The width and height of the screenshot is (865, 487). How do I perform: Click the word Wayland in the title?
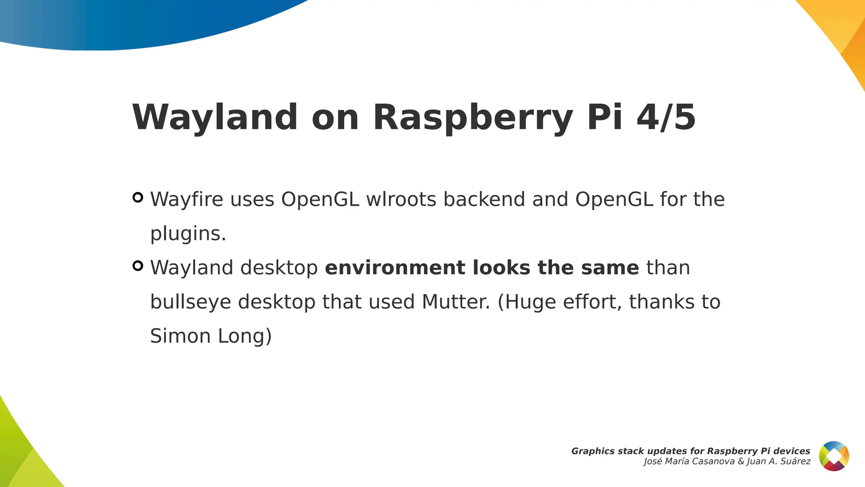pyautogui.click(x=215, y=117)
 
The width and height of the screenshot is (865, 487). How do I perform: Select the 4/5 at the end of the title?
pyautogui.click(x=666, y=117)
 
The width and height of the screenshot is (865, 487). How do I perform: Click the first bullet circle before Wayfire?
pyautogui.click(x=138, y=197)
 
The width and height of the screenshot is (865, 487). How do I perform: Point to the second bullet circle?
pyautogui.click(x=138, y=266)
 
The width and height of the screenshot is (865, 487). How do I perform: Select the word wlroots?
pyautogui.click(x=401, y=199)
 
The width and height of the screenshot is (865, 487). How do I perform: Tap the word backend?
pyautogui.click(x=484, y=199)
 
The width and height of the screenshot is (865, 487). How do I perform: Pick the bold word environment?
pyautogui.click(x=394, y=268)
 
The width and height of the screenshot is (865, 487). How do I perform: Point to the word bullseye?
pyautogui.click(x=190, y=302)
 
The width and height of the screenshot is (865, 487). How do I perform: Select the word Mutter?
pyautogui.click(x=455, y=302)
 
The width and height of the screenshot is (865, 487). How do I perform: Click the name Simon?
pyautogui.click(x=180, y=336)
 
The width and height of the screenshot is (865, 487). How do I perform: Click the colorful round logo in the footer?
pyautogui.click(x=834, y=456)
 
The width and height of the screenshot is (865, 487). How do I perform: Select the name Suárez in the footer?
pyautogui.click(x=795, y=462)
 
